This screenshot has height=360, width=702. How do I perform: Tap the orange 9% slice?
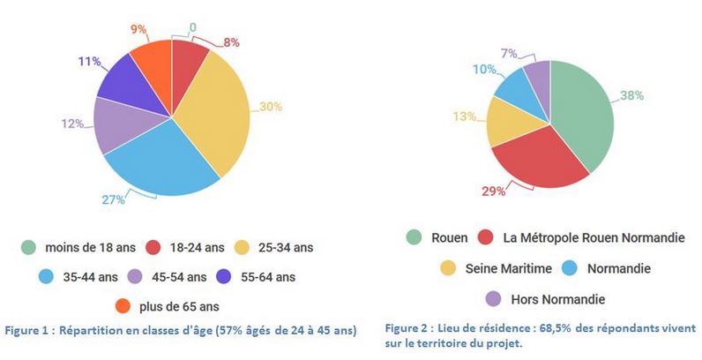[152, 60]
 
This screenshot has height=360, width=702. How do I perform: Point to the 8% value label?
[231, 41]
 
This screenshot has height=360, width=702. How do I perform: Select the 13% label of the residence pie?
[467, 116]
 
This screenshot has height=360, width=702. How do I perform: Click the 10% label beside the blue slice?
[482, 70]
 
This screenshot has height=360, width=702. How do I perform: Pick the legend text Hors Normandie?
[557, 298]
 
